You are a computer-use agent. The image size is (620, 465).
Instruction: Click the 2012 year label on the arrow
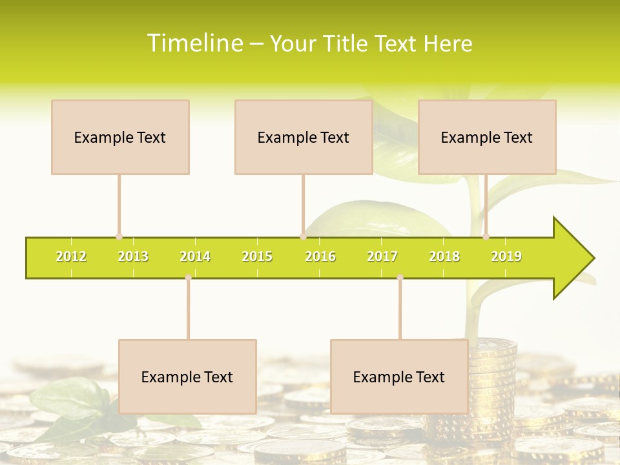[x=71, y=256]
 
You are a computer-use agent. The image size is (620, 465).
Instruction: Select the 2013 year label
[x=133, y=256]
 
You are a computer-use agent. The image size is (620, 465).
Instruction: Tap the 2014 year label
[x=195, y=256]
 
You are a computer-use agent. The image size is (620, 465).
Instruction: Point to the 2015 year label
[x=257, y=256]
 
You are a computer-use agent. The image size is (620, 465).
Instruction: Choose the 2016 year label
[x=320, y=256]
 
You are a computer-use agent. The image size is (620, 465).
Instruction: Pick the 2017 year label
[x=382, y=256]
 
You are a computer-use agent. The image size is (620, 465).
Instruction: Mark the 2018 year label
[x=444, y=256]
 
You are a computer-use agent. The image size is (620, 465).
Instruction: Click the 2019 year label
[x=506, y=256]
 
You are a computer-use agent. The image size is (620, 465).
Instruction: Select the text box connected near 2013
[x=120, y=137]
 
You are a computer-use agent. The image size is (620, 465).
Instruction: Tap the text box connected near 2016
[x=304, y=137]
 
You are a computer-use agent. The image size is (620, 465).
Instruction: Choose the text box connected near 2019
[x=487, y=137]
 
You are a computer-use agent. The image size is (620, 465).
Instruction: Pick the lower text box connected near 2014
[x=187, y=377]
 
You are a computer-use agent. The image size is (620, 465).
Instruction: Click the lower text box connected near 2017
[x=399, y=377]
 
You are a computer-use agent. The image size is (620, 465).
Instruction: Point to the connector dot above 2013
[x=119, y=236]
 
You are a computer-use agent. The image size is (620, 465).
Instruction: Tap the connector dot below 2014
[x=188, y=277]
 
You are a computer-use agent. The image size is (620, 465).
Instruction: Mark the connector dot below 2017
[x=400, y=277]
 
